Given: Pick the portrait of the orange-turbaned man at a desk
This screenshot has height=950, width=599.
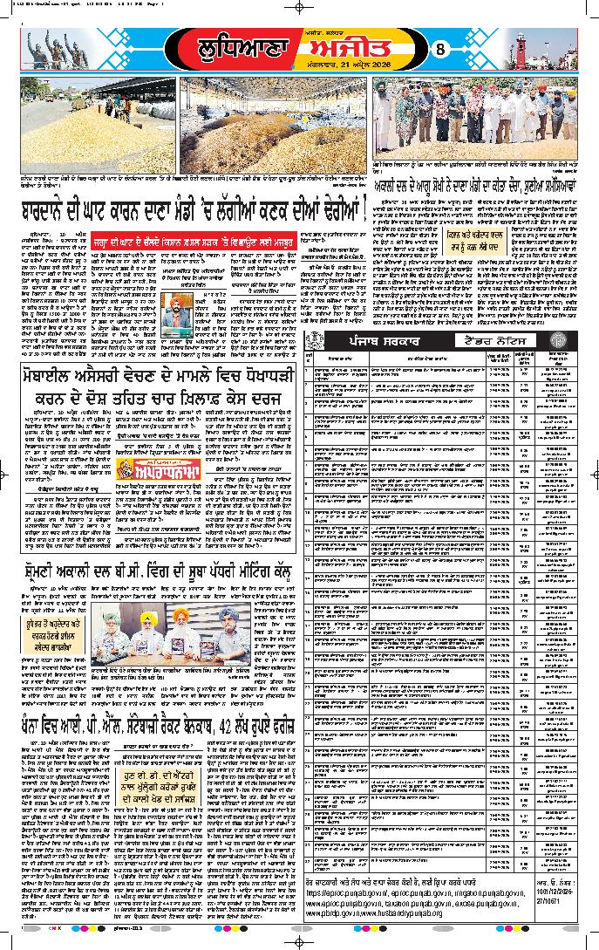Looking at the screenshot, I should (x=179, y=310).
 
